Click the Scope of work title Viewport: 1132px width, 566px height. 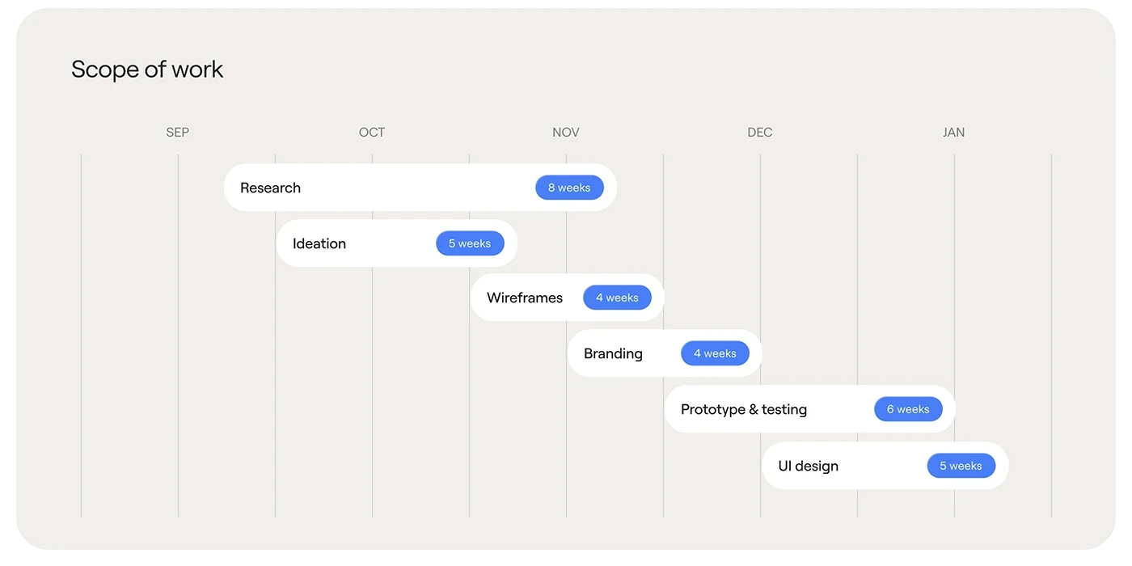(147, 70)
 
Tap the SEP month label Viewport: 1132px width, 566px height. (177, 133)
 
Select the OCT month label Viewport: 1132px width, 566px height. (371, 133)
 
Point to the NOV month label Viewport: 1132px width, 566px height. (565, 133)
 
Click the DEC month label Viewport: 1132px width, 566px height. (759, 133)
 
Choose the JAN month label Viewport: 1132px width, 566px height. (953, 133)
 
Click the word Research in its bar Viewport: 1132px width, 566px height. (270, 188)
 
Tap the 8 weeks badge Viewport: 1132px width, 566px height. (569, 188)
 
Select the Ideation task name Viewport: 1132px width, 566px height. (319, 243)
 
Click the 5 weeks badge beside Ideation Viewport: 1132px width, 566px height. (470, 243)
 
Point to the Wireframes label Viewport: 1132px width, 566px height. (525, 298)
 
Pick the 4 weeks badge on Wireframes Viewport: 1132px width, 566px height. (617, 298)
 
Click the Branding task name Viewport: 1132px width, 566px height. (613, 354)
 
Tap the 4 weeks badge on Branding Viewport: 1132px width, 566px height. (715, 353)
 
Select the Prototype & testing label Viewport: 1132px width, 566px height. (744, 409)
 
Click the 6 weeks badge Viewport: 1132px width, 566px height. (908, 409)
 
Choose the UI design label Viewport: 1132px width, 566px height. (808, 466)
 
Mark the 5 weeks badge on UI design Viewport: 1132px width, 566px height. (961, 466)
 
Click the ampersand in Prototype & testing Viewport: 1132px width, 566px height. (754, 409)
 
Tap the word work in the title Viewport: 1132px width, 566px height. (197, 70)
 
